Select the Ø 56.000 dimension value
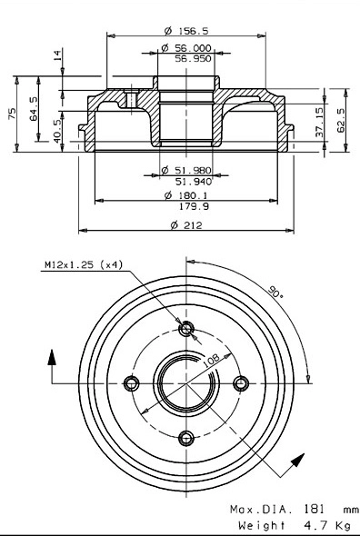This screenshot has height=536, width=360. (x=186, y=48)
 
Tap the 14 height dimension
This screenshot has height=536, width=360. (x=58, y=56)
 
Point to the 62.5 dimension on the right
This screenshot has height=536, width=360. (x=341, y=119)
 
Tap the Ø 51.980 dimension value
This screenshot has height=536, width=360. (x=186, y=170)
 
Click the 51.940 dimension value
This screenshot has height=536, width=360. (x=192, y=180)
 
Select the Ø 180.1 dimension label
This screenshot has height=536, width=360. (x=187, y=195)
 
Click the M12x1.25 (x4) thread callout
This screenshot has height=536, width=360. (x=83, y=266)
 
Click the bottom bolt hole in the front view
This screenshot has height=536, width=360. (x=187, y=440)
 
